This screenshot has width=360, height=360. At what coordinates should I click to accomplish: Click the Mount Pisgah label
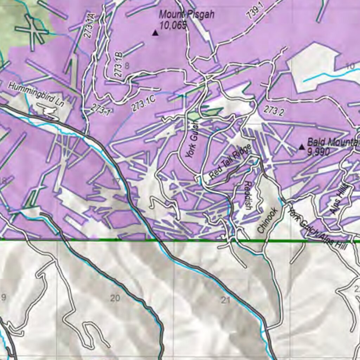point(186,15)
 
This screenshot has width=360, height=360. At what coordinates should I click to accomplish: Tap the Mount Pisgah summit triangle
point(155,33)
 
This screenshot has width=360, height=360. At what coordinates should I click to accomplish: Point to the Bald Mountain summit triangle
point(302,147)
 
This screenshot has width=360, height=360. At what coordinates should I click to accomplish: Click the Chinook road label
point(268,220)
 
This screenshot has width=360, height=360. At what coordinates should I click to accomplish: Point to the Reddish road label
point(248,195)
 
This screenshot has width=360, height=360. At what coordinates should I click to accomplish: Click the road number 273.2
point(273,110)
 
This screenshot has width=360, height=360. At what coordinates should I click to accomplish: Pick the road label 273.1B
point(118,64)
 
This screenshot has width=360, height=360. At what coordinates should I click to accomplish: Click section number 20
point(115,298)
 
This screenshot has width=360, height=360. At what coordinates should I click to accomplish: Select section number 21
point(225,300)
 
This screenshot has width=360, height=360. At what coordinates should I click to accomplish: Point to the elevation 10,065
point(173,25)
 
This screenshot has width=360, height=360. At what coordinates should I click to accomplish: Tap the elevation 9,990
point(318,152)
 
